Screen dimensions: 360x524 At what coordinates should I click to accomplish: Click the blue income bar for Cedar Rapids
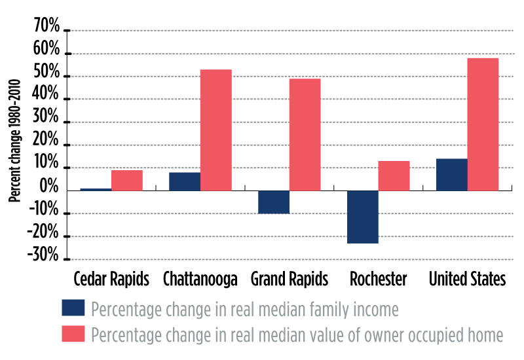pyautogui.click(x=96, y=189)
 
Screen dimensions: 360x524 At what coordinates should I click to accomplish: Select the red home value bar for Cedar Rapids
pyautogui.click(x=127, y=180)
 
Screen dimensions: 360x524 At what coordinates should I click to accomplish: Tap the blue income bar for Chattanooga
pyautogui.click(x=185, y=181)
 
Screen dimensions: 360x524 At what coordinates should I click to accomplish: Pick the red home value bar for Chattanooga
pyautogui.click(x=216, y=130)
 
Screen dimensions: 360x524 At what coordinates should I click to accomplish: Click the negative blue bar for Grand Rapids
pyautogui.click(x=274, y=202)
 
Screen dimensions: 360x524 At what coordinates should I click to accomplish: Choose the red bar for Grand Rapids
pyautogui.click(x=305, y=134)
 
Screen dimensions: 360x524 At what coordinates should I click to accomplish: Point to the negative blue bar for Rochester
pyautogui.click(x=363, y=217)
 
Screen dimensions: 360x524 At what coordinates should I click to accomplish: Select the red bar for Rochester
pyautogui.click(x=394, y=175)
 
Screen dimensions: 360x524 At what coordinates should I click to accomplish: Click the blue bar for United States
pyautogui.click(x=452, y=175)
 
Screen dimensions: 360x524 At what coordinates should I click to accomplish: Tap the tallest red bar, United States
pyautogui.click(x=483, y=124)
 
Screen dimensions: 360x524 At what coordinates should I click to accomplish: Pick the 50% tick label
pyautogui.click(x=45, y=76)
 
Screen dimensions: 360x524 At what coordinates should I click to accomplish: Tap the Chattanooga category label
pyautogui.click(x=200, y=279)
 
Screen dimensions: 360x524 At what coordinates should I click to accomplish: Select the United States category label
pyautogui.click(x=467, y=279)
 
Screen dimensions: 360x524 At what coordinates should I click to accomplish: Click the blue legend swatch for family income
pyautogui.click(x=73, y=308)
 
